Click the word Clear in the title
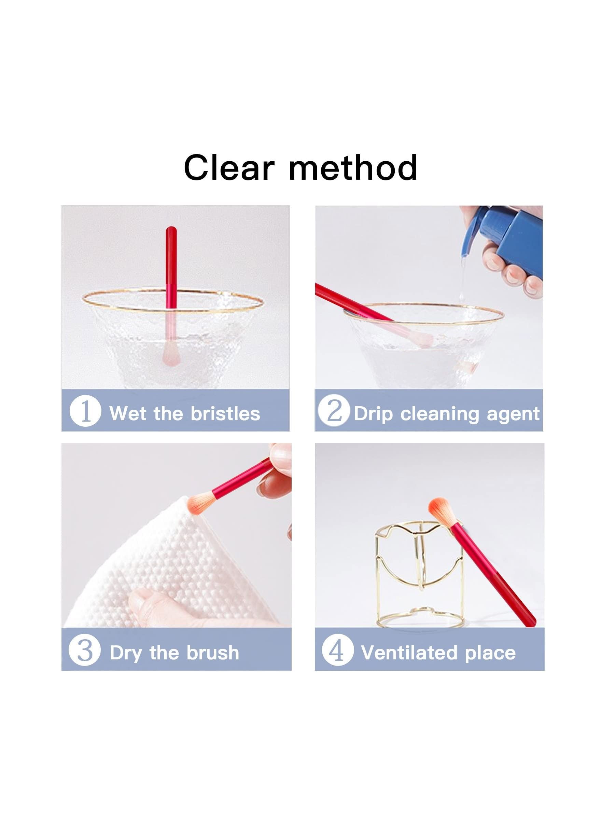pos(229,167)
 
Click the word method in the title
pos(353,167)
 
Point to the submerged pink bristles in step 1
pos(171,351)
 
